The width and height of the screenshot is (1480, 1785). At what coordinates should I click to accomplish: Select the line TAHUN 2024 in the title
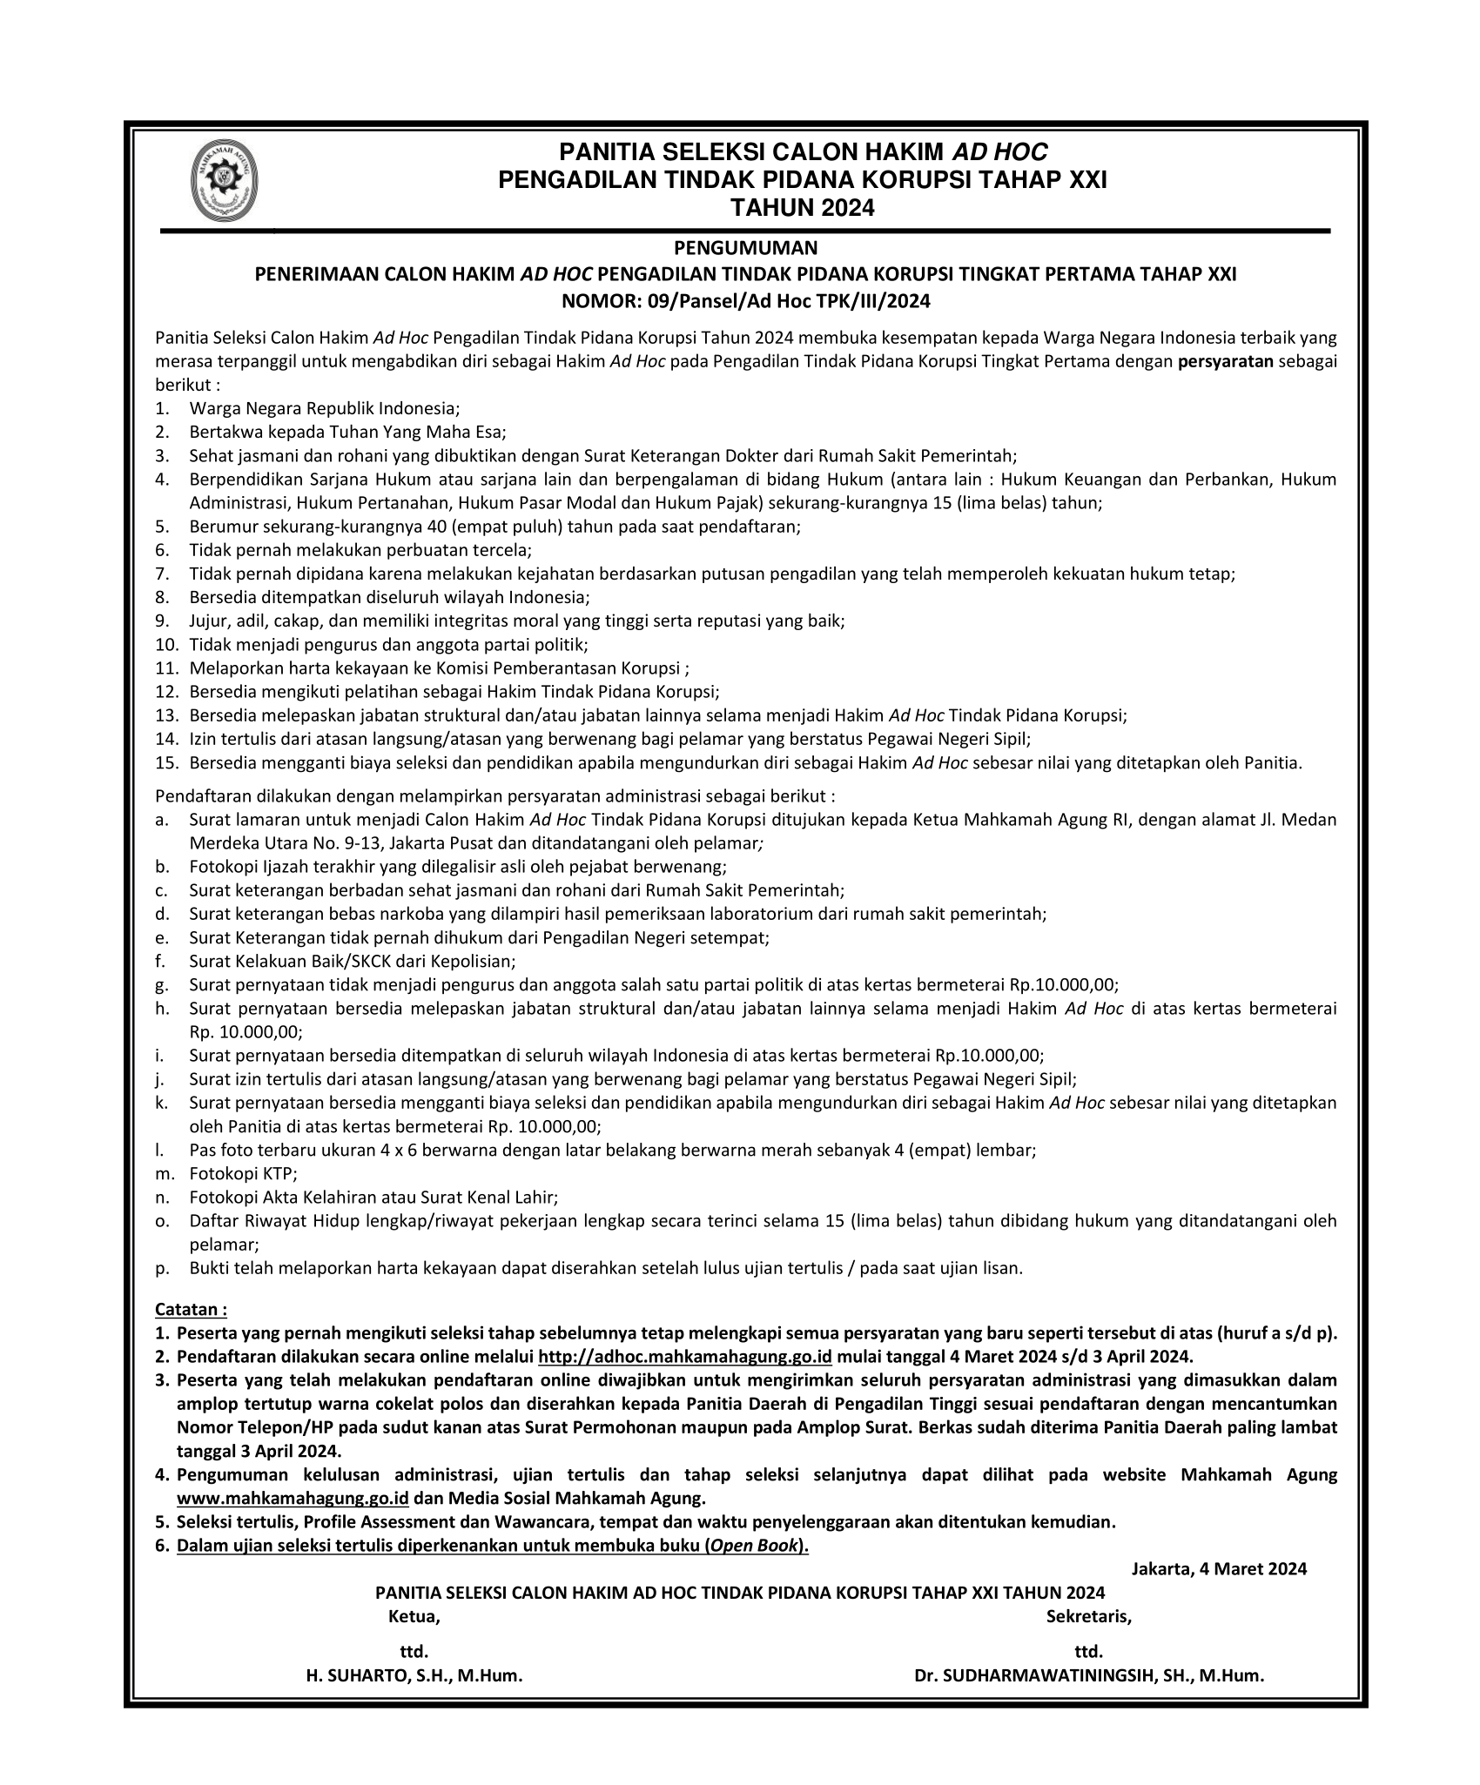[802, 209]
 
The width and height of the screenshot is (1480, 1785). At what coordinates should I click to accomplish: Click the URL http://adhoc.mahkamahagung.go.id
[686, 1357]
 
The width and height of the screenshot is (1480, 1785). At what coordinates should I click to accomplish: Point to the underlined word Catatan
[191, 1309]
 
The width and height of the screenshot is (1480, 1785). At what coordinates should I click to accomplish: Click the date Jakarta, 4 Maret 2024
[1219, 1568]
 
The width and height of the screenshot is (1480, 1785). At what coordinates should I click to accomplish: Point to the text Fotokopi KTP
[243, 1173]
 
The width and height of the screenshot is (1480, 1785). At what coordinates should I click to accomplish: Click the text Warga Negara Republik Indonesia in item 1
[324, 408]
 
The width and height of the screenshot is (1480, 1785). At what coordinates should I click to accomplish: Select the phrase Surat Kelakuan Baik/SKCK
[299, 961]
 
